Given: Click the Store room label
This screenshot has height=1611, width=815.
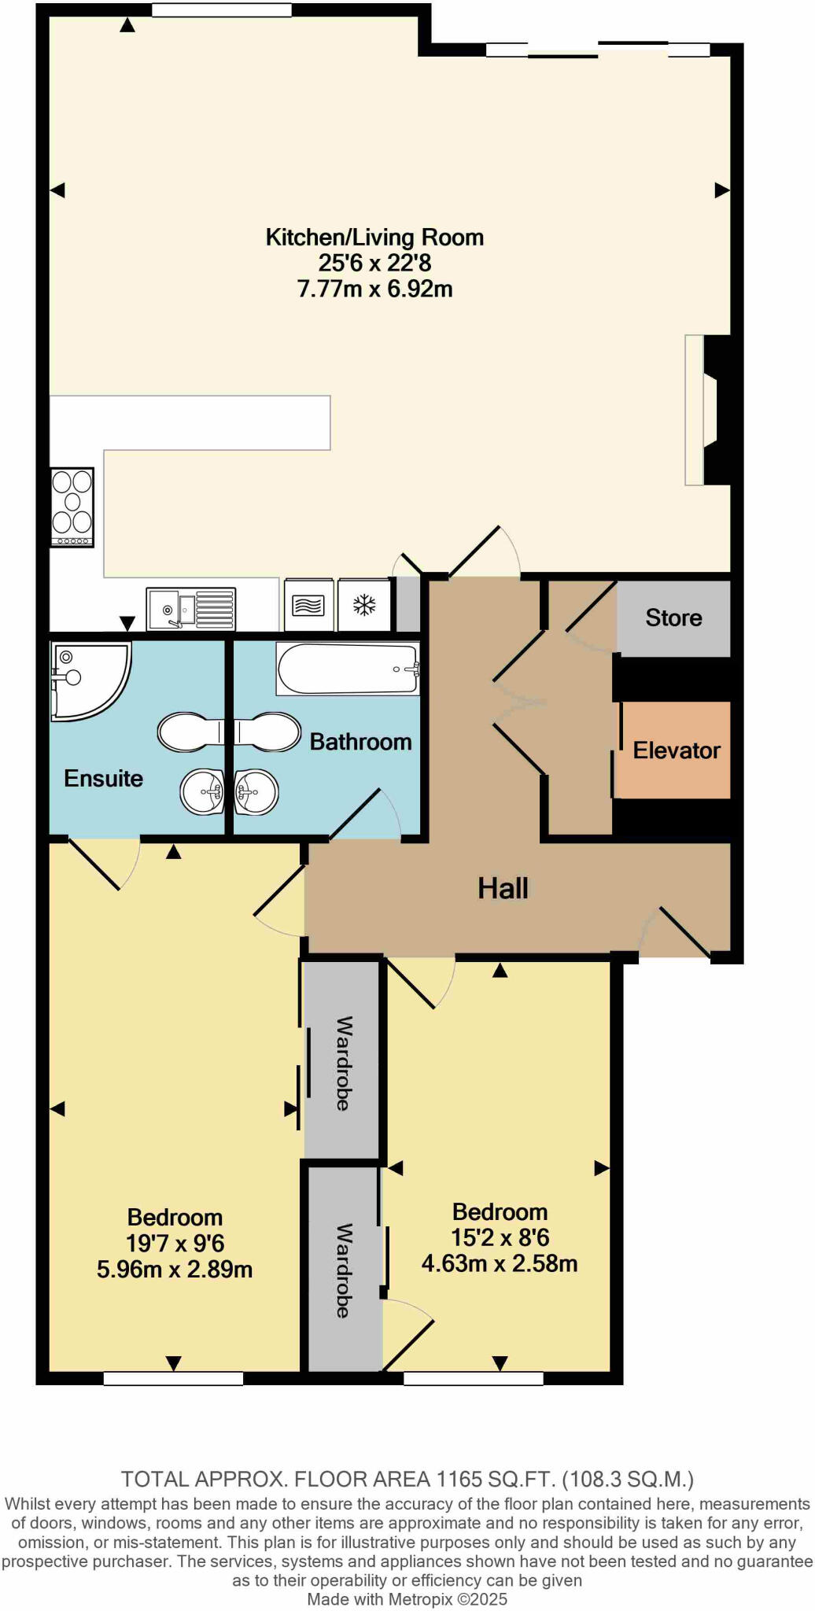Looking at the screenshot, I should point(673,617).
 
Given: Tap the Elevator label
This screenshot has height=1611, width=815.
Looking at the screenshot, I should point(677,750).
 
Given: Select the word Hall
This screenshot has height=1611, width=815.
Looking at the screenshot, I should point(503,889).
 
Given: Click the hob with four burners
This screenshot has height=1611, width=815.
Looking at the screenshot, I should point(72,507).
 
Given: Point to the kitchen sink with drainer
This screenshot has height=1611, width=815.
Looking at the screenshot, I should point(191,609).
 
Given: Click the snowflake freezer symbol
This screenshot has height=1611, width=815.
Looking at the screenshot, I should point(364,605).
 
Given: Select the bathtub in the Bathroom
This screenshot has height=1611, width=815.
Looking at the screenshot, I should point(347,669).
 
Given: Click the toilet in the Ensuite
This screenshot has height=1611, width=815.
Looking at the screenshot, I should point(190,732).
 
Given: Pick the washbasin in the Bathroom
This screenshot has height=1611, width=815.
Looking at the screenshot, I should point(256,791).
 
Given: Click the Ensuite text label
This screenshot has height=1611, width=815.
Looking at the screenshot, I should point(103,779).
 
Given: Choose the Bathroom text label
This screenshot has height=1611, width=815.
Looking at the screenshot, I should point(360,742).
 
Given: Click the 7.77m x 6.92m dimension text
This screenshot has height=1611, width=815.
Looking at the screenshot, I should point(374,289).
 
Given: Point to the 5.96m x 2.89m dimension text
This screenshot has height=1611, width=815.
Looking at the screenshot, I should point(175,1269).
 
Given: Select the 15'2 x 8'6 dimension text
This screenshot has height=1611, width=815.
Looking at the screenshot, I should point(500,1237).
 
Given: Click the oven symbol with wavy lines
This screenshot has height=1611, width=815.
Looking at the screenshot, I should point(308,605).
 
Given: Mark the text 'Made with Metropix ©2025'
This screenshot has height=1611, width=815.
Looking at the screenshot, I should point(407,1599).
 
